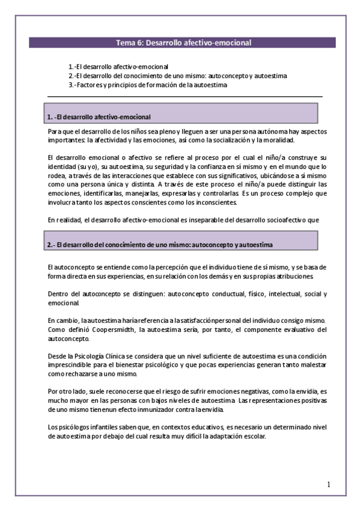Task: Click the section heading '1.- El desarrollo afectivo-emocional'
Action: [99, 116]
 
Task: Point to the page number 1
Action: [329, 484]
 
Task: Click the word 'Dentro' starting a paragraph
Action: [56, 293]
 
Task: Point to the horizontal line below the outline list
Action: [184, 97]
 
